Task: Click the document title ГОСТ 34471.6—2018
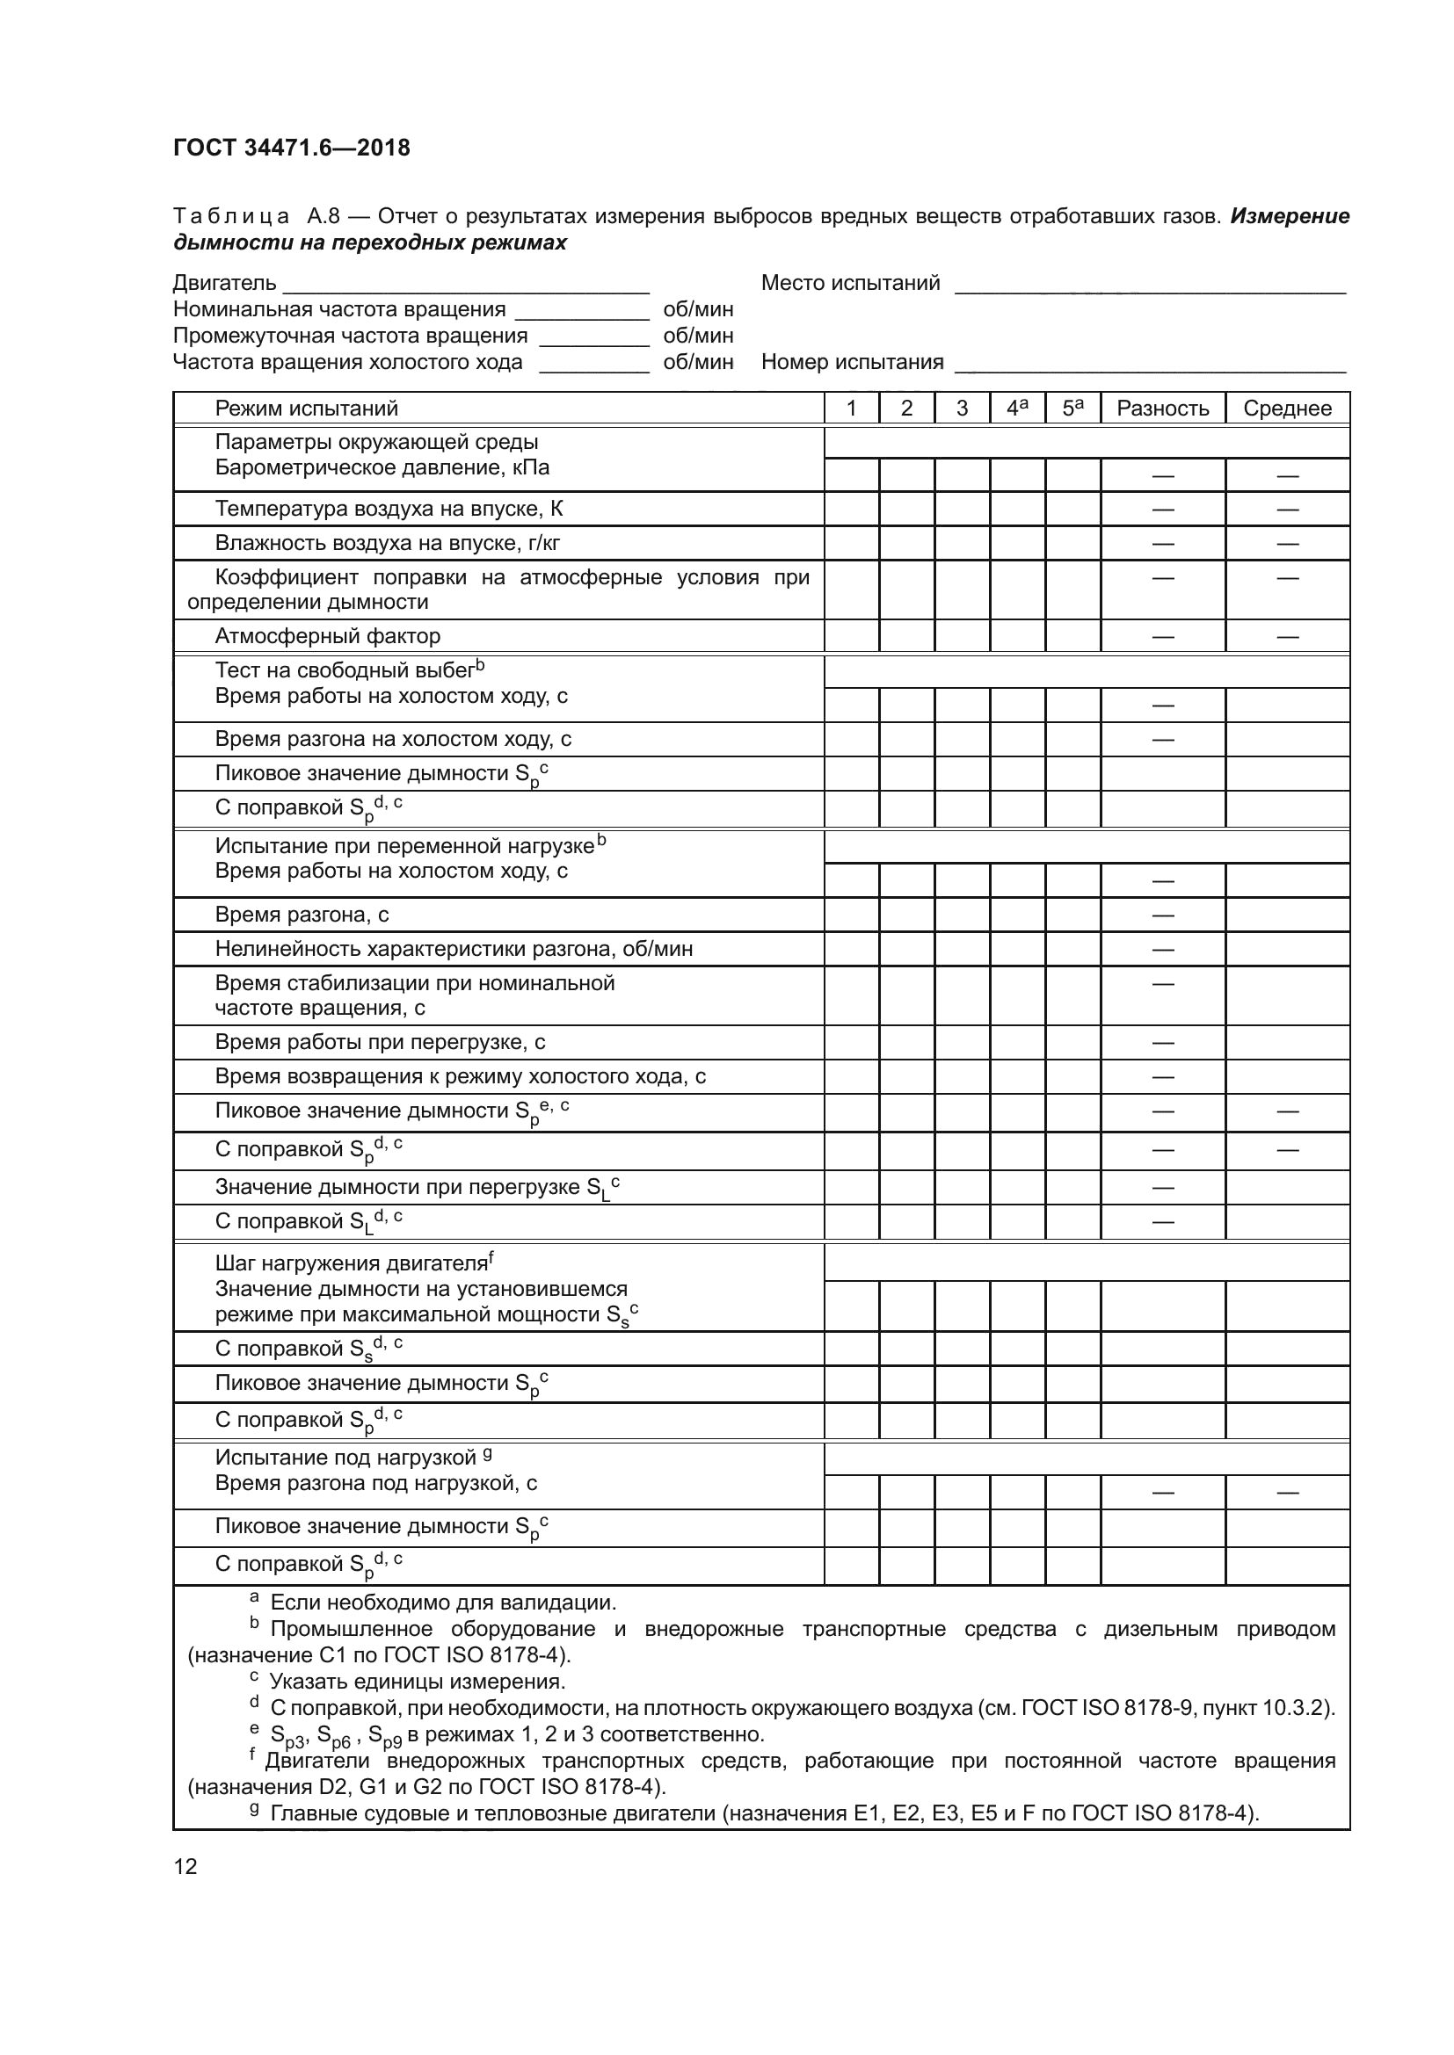292,148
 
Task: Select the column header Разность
1162,409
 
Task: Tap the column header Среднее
1287,409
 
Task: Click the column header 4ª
1017,409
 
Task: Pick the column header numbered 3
962,409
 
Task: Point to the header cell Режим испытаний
306,409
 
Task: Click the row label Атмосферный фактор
328,636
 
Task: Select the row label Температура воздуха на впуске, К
389,510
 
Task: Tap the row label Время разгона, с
302,915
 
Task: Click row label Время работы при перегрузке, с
380,1042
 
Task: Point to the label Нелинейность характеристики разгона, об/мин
453,949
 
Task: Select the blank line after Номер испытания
1150,365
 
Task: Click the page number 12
185,1866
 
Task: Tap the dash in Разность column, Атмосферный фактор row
1162,636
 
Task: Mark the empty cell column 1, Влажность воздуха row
851,543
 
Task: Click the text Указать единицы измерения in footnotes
418,1681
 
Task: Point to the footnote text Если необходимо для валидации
442,1603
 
